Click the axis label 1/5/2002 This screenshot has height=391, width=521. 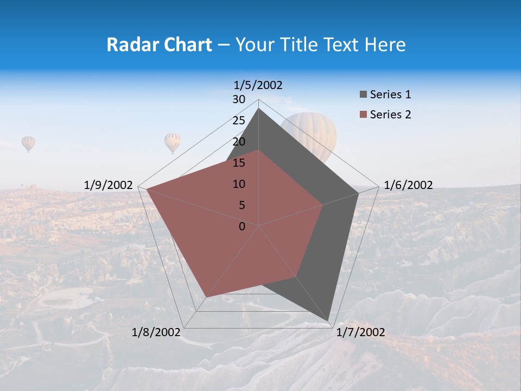[258, 85]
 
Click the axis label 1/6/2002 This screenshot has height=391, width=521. [408, 185]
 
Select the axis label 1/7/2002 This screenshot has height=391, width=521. [360, 332]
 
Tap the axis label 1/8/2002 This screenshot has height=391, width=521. [156, 332]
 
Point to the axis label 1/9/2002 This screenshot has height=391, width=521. [109, 185]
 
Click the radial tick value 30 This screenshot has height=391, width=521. [239, 99]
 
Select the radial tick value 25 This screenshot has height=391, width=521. [239, 121]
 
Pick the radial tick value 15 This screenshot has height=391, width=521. [239, 163]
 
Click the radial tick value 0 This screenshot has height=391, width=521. [242, 226]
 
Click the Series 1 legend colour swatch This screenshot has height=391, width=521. [363, 94]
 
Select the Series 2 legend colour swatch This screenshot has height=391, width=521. [363, 115]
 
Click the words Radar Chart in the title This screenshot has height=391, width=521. [159, 45]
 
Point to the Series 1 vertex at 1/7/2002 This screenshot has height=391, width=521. [328, 320]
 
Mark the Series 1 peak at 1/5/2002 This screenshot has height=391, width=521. [258, 109]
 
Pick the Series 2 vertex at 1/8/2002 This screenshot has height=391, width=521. [206, 297]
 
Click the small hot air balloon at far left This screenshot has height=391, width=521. [28, 143]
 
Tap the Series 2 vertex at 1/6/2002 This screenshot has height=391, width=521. [322, 205]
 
